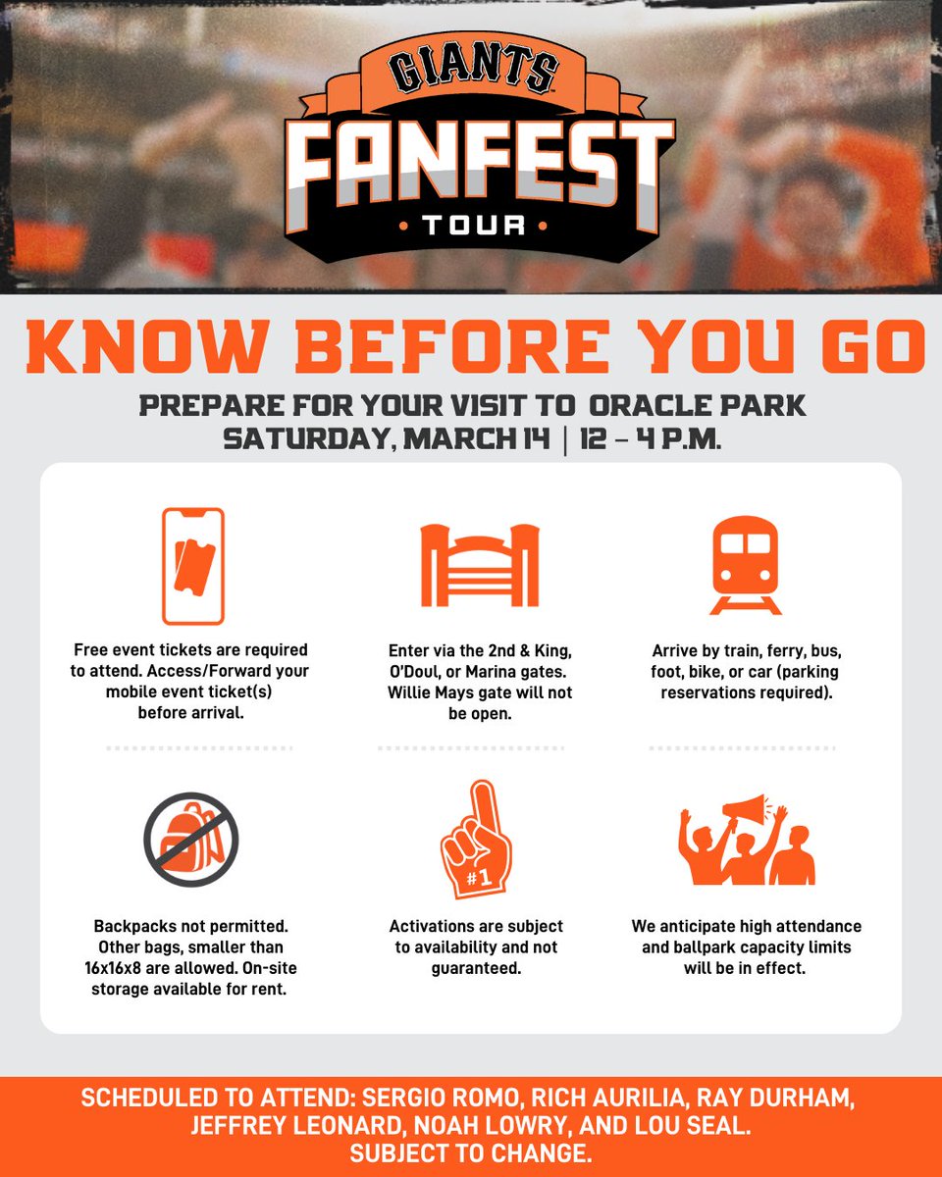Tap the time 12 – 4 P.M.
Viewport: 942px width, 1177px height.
tap(650, 438)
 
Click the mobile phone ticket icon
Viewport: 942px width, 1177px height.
tap(193, 566)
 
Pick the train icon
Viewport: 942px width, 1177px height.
tap(746, 564)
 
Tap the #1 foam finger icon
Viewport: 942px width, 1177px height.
tap(477, 840)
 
